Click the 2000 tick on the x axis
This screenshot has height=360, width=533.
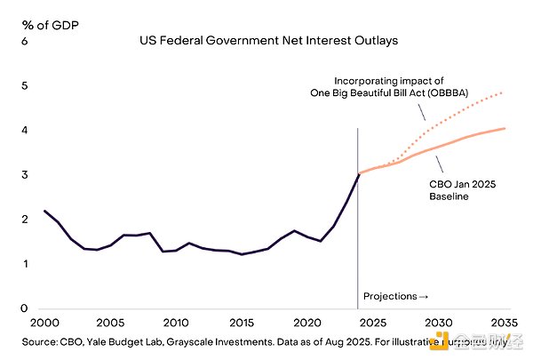click(44, 323)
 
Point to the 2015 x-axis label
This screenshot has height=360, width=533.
click(241, 323)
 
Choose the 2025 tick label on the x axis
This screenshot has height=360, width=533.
click(373, 323)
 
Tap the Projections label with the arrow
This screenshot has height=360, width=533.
click(396, 295)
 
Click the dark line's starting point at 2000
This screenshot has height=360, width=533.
click(44, 211)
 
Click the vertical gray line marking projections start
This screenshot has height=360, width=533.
click(358, 222)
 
